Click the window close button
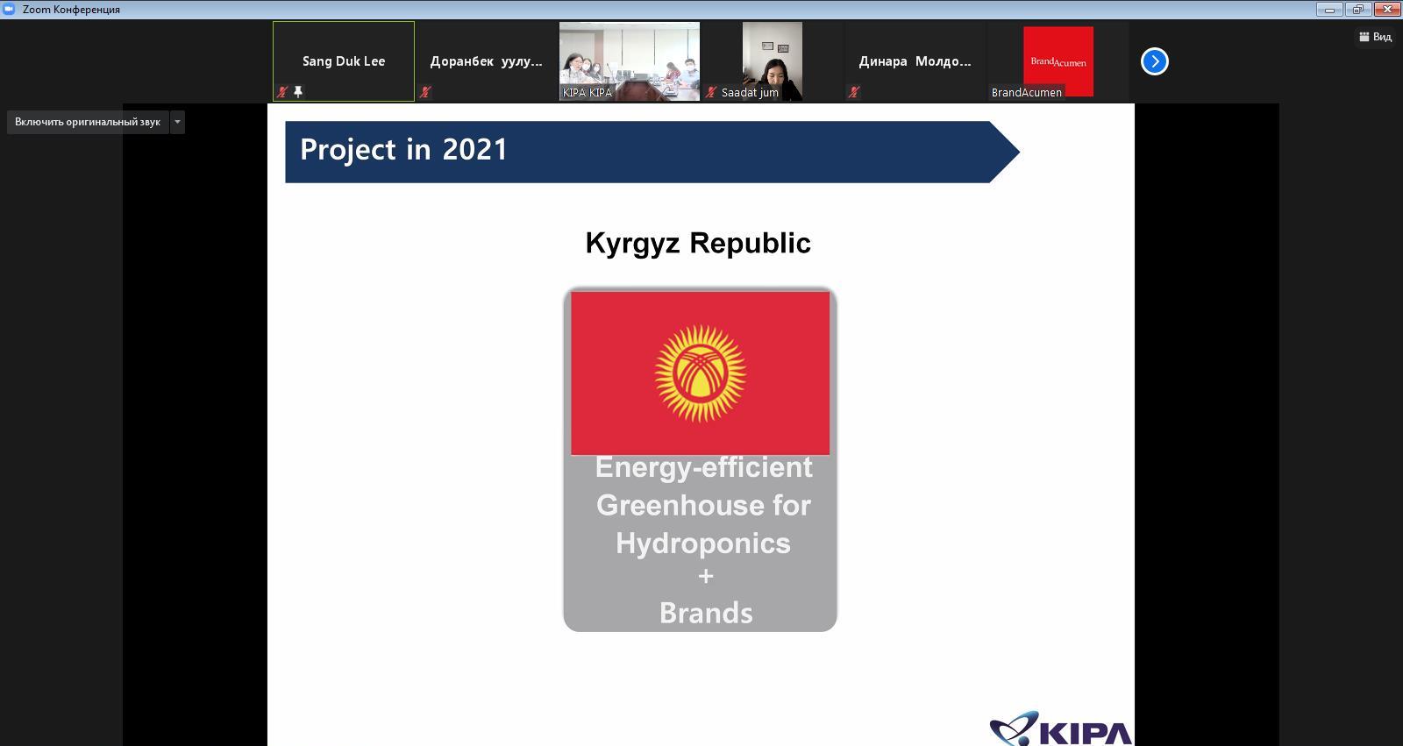click(1387, 10)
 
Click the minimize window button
click(1329, 10)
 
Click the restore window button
click(1358, 10)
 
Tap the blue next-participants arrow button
click(1154, 61)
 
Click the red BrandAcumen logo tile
click(1058, 60)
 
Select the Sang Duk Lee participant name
click(344, 60)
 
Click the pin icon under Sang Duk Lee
click(299, 91)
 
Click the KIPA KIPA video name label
click(587, 93)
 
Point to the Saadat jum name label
click(750, 93)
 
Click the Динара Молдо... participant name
click(915, 61)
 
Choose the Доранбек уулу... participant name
click(486, 61)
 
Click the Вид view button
click(1376, 37)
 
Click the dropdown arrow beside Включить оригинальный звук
click(177, 122)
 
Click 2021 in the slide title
click(474, 149)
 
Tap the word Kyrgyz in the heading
click(632, 244)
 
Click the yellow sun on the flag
click(701, 373)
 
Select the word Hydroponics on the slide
click(702, 543)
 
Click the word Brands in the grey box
click(706, 613)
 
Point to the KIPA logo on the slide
click(1061, 728)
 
